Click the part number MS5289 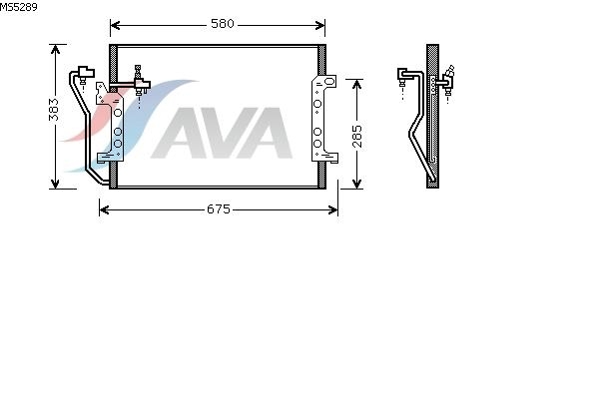coord(18,7)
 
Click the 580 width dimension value coord(223,24)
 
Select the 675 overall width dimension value coord(219,209)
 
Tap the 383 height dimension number coord(54,110)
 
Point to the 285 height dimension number coord(356,137)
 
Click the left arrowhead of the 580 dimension coord(115,25)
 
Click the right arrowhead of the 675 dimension coord(333,209)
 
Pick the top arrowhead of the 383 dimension coord(55,50)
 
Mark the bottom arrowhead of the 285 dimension coord(356,184)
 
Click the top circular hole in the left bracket coord(118,113)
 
